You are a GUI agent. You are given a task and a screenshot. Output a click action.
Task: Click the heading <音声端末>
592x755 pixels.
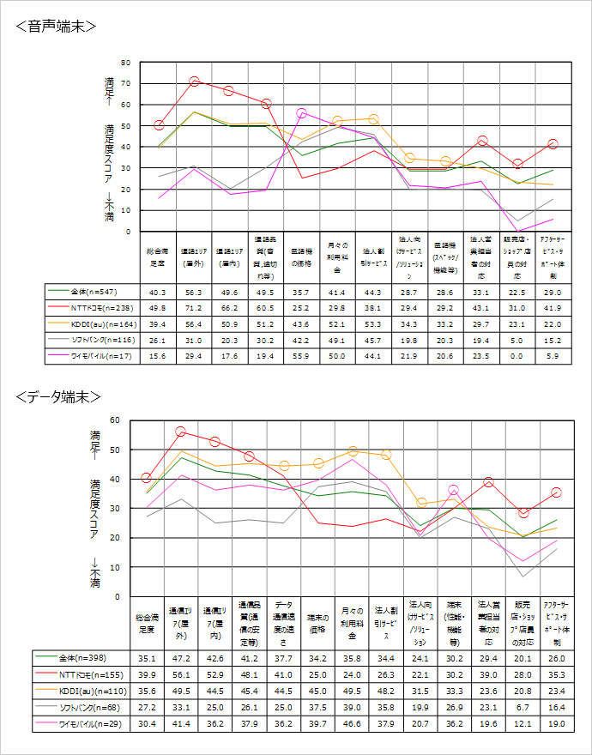click(56, 27)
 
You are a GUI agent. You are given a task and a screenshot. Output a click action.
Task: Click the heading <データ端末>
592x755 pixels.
click(58, 396)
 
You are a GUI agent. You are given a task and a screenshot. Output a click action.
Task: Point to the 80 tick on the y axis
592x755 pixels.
click(125, 63)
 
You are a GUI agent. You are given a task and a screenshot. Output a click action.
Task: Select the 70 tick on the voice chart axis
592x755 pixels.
click(125, 83)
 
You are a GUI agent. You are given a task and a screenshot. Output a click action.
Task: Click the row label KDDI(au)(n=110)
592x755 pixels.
click(94, 689)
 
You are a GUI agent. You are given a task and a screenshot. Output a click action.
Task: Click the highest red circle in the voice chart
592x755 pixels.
click(194, 82)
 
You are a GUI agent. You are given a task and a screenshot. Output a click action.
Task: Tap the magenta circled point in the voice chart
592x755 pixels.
click(301, 113)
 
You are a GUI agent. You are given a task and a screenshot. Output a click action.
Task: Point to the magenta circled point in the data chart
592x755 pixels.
click(454, 491)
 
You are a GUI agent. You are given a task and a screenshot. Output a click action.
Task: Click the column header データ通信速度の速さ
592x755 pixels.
click(283, 623)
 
